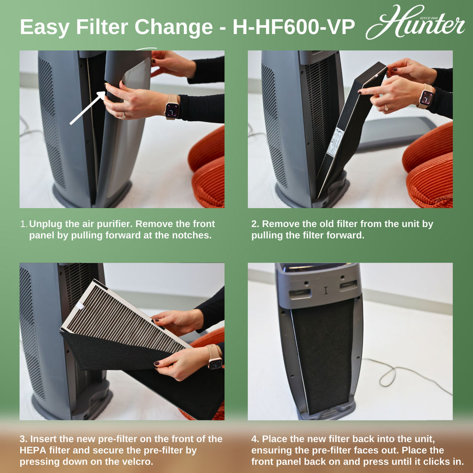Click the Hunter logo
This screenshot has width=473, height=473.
point(415,23)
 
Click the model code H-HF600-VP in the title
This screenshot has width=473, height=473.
point(293,28)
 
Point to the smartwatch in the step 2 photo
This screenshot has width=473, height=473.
point(426,98)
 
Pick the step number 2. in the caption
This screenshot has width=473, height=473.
point(255,224)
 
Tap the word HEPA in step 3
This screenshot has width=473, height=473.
point(33,450)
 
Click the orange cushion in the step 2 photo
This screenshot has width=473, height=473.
point(429,168)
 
